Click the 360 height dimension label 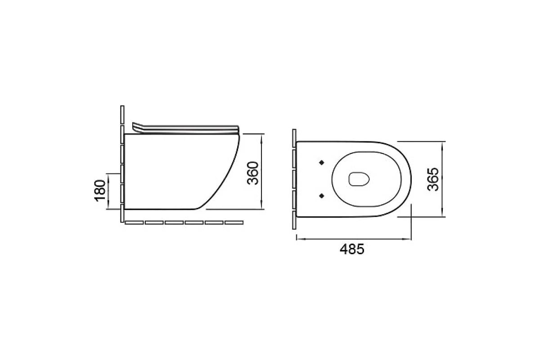[x=253, y=173]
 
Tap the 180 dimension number [x=100, y=191]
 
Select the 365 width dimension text [x=433, y=180]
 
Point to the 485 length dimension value [x=352, y=249]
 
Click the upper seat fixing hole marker [x=321, y=162]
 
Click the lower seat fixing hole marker [x=321, y=196]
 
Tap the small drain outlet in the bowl [x=359, y=179]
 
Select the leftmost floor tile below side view [x=134, y=223]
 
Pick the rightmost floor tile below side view [x=234, y=223]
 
